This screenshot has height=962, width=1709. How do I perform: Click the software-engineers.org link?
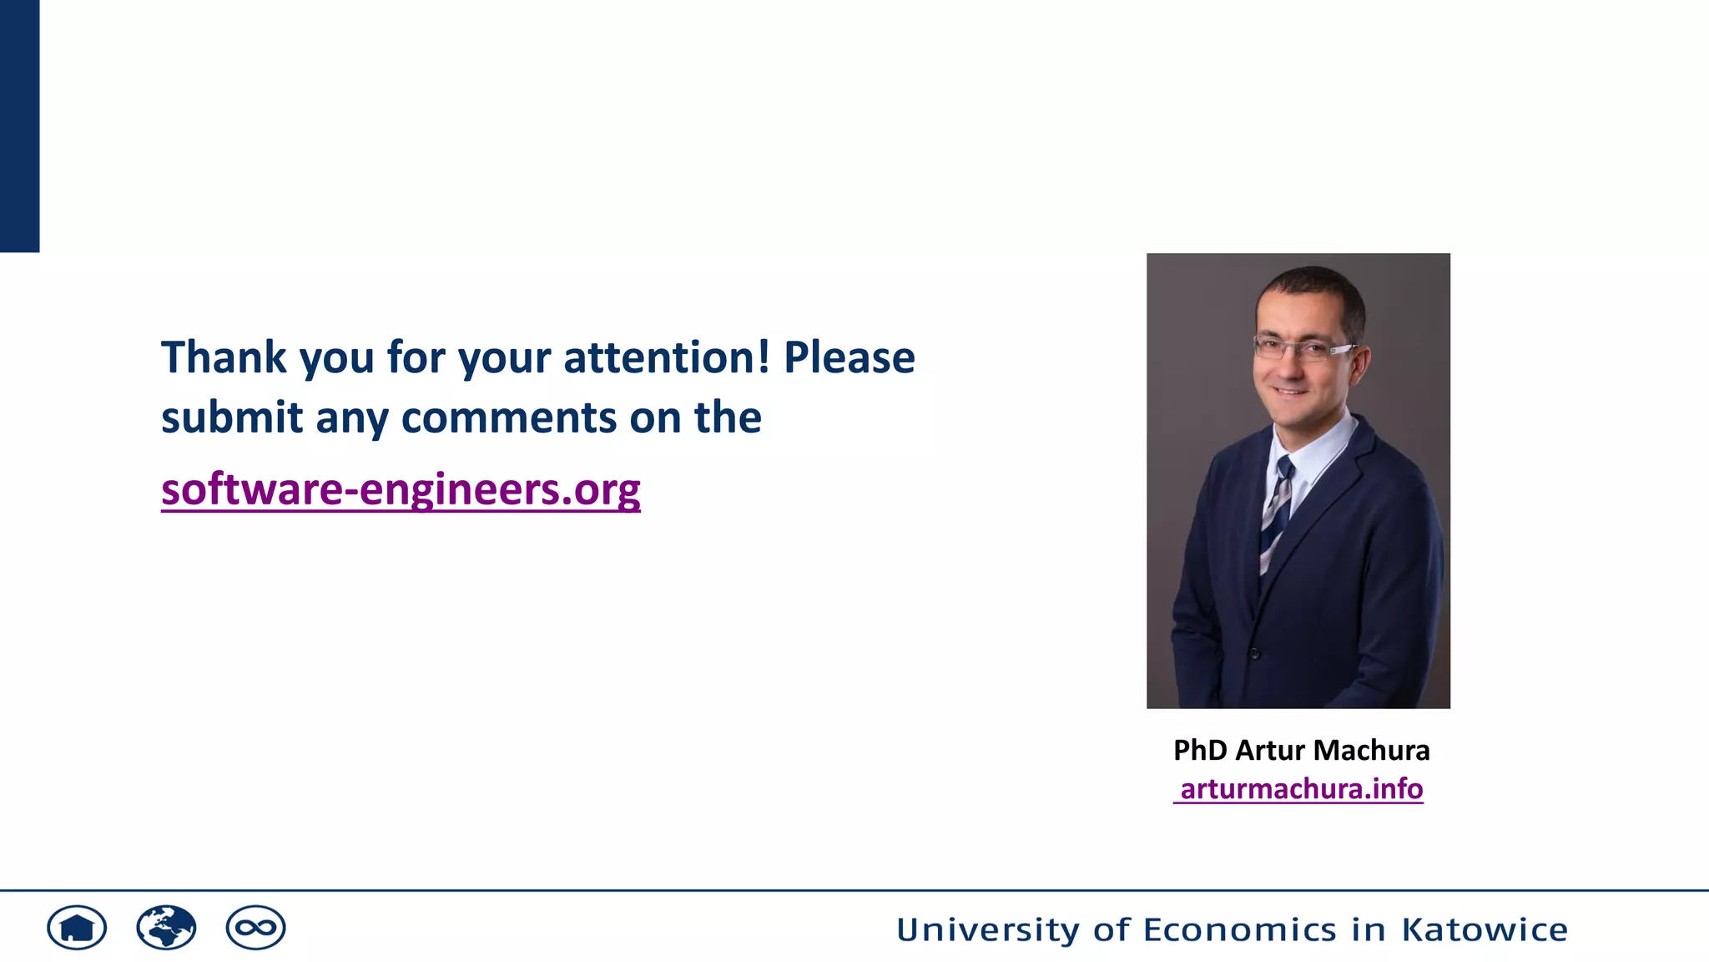(x=401, y=489)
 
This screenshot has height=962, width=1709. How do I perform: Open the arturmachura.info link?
(x=1300, y=789)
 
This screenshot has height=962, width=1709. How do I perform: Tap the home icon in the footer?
(x=77, y=928)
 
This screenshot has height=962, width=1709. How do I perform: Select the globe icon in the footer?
(x=166, y=928)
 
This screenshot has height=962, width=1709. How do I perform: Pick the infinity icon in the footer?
(x=255, y=928)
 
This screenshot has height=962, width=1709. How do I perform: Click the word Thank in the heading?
(x=224, y=357)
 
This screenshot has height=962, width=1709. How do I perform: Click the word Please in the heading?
(x=849, y=357)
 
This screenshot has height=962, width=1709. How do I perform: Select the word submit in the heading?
(x=231, y=418)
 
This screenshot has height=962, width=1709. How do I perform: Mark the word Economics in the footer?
(x=1239, y=929)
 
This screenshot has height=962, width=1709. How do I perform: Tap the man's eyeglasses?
(x=1303, y=348)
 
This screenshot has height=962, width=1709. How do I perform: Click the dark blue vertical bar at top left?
(x=19, y=125)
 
